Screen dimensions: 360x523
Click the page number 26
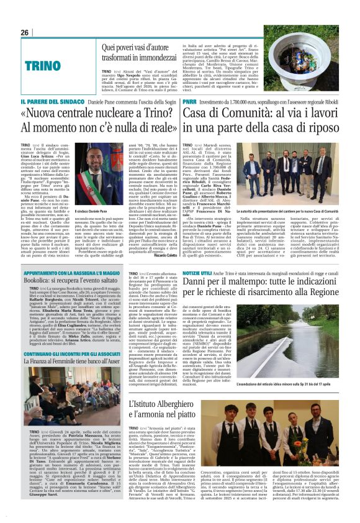tap(25, 32)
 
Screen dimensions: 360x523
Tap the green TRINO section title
tap(43, 65)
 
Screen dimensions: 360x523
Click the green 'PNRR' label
tap(189, 101)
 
